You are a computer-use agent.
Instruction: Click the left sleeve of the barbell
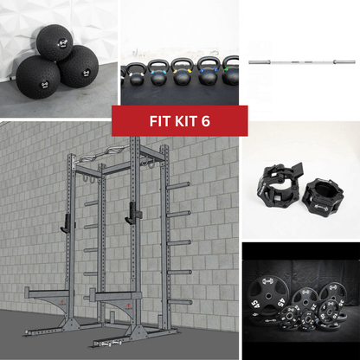coord(262,62)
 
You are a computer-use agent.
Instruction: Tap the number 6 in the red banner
coord(206,121)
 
